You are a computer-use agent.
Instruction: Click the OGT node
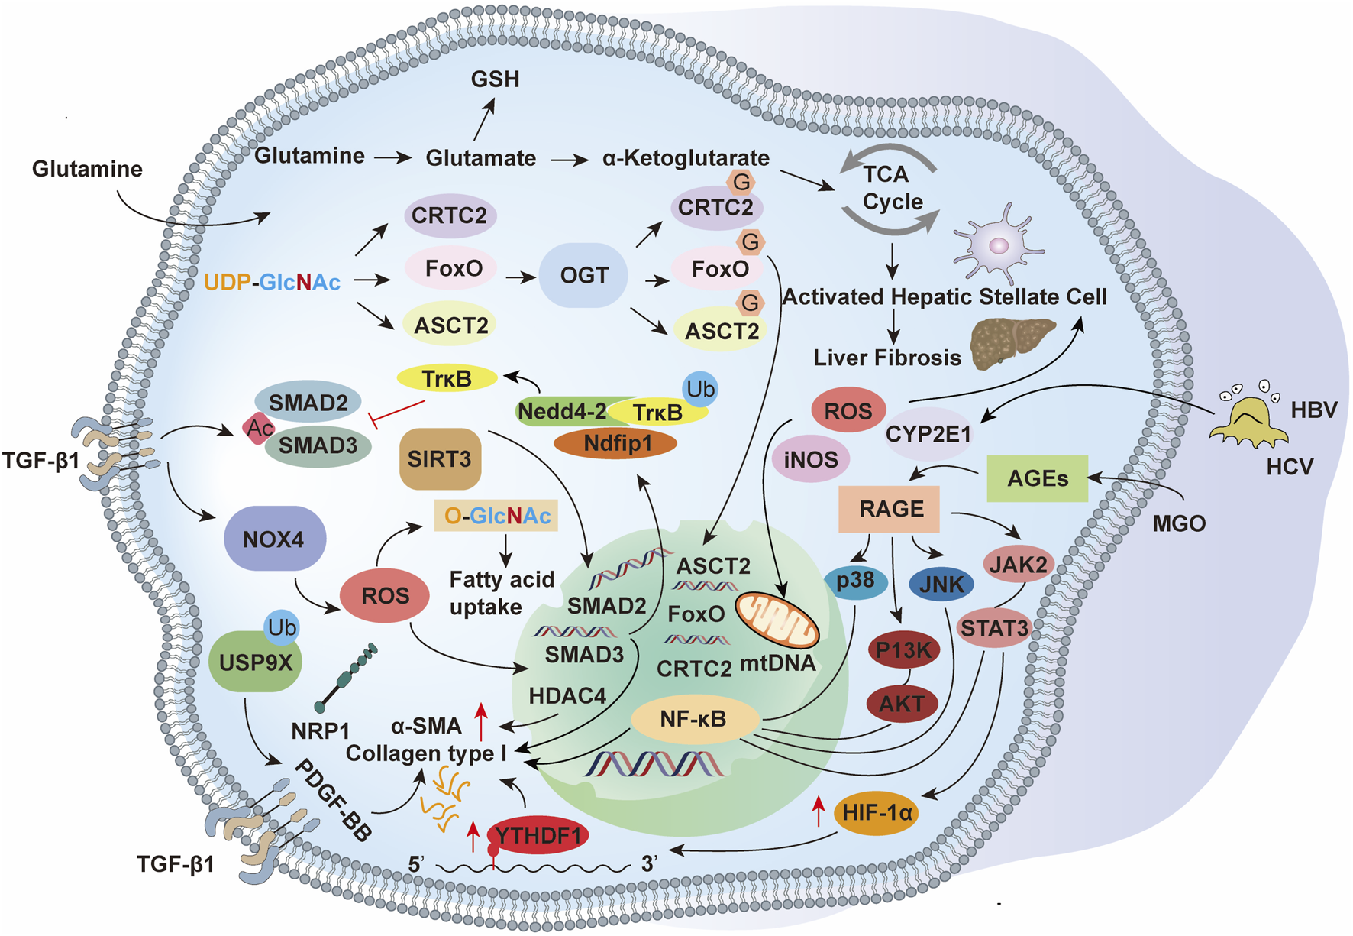point(583,275)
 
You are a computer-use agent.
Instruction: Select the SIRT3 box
point(440,458)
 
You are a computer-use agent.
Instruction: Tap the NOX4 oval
point(274,539)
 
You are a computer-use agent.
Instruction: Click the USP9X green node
point(255,662)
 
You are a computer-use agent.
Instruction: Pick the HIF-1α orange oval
point(876,812)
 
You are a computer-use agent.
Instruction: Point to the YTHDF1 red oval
point(538,834)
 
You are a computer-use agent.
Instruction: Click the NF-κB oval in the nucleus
point(694,718)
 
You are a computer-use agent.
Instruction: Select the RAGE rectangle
point(890,509)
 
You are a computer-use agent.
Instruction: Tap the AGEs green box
point(1037,478)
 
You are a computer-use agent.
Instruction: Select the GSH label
point(495,79)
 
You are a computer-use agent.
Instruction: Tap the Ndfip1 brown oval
point(616,443)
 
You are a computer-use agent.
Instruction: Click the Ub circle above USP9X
point(281,627)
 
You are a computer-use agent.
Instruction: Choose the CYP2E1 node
point(927,434)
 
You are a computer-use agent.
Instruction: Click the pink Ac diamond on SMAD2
point(259,428)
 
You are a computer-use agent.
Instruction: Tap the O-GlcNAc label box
point(496,516)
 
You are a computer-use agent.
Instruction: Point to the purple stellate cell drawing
point(997,245)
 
